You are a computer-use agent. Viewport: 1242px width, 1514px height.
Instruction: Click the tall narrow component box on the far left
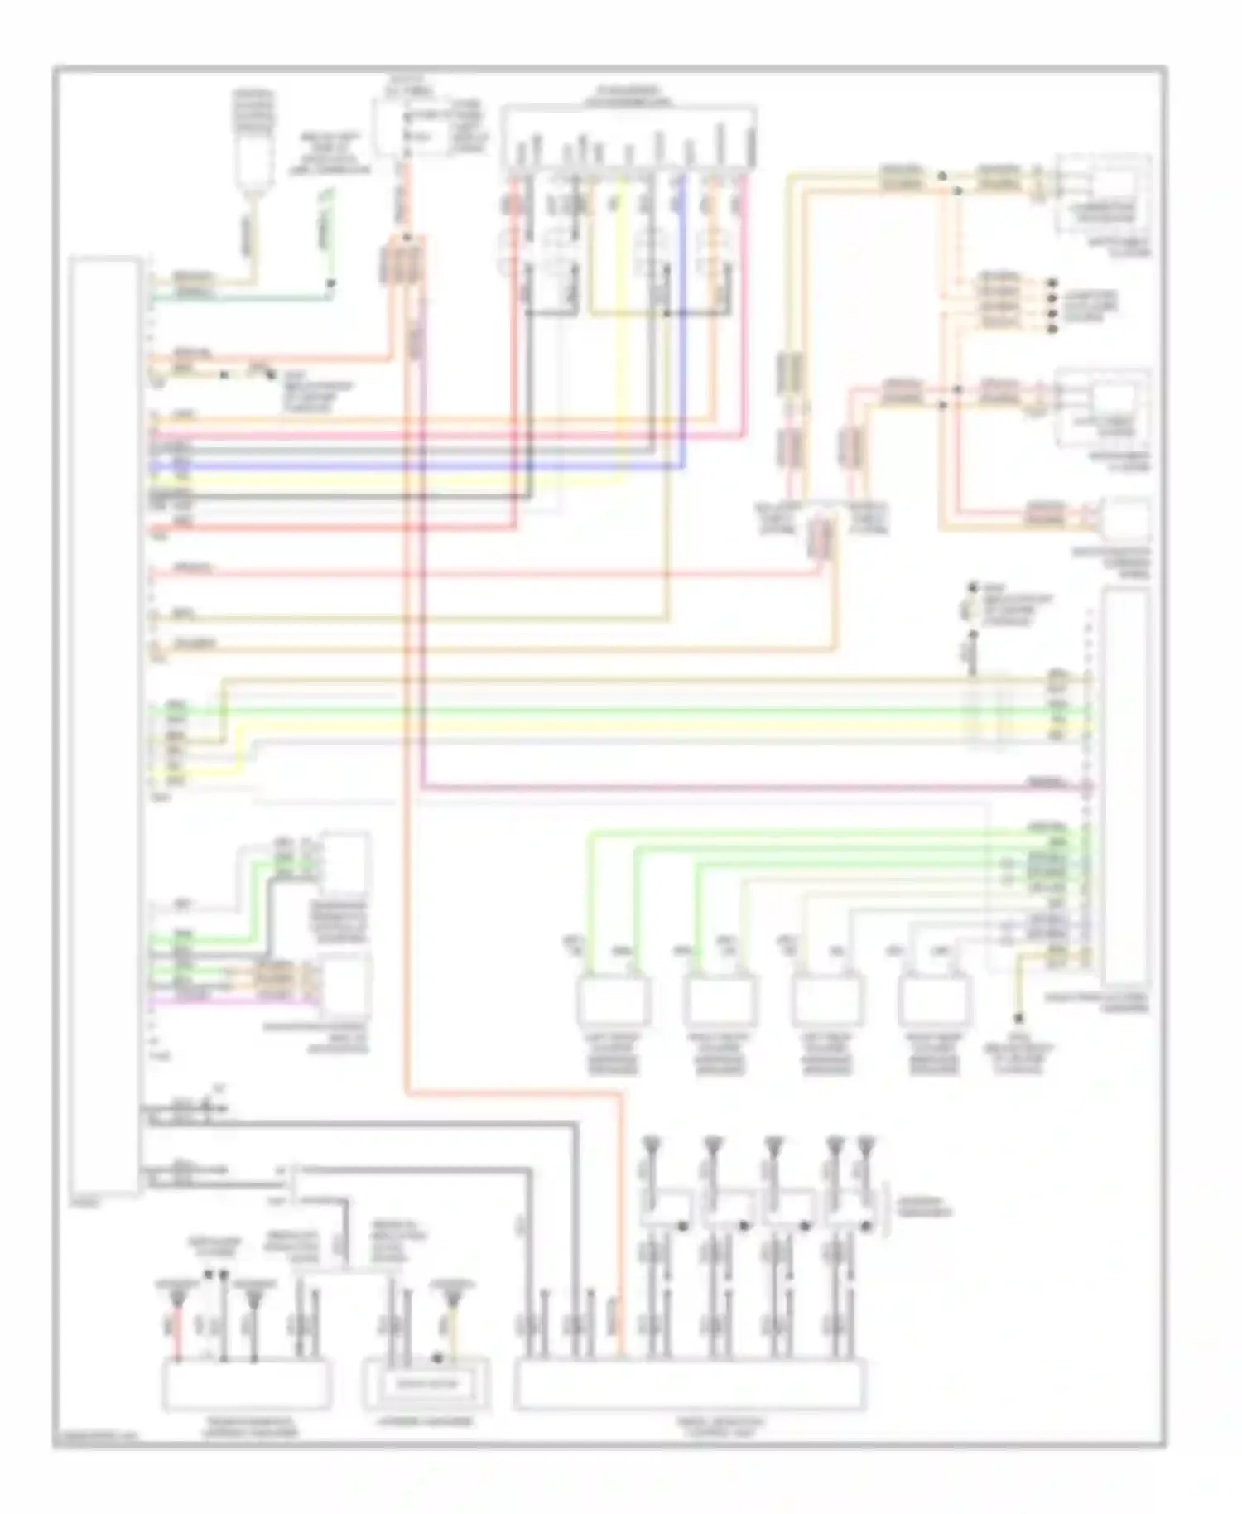pos(105,725)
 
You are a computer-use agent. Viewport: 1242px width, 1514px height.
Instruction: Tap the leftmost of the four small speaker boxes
pos(614,1000)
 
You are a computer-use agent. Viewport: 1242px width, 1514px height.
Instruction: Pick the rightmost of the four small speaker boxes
pos(935,1000)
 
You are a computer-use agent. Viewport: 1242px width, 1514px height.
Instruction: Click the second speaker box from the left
pos(720,1000)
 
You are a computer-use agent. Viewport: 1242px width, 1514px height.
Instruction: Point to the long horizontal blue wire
pos(414,467)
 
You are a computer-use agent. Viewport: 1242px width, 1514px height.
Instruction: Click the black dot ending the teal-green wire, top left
pos(330,283)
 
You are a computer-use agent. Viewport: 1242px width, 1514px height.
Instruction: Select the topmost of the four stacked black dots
pos(1053,282)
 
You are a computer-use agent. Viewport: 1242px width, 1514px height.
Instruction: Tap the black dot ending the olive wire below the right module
pos(1018,1017)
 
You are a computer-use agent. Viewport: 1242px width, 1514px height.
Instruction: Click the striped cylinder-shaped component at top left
pos(255,137)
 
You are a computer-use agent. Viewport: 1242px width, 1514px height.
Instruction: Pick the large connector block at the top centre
pos(629,137)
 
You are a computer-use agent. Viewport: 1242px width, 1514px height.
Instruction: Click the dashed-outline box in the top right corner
pos(1104,192)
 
